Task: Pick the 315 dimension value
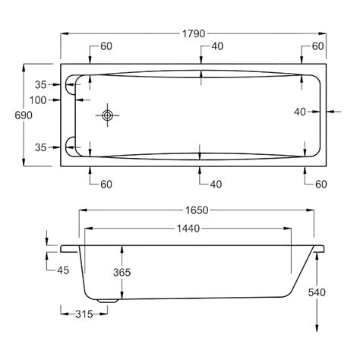77,314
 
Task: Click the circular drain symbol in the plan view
106,115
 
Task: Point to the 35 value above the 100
41,84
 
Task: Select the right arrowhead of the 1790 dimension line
327,33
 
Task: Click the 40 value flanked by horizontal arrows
302,112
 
